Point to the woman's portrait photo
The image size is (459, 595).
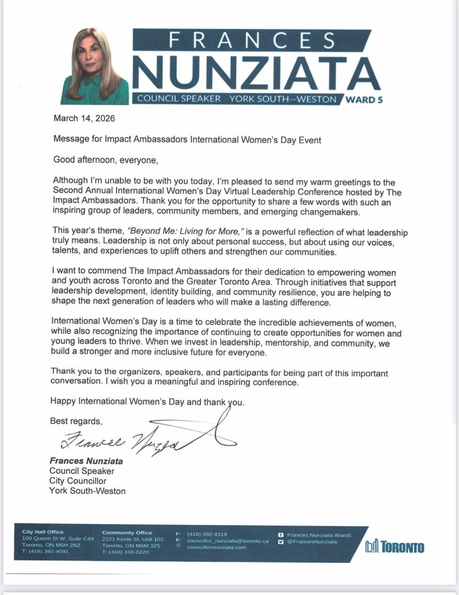[95, 67]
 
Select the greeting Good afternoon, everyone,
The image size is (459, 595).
[105, 160]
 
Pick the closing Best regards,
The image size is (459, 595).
[76, 421]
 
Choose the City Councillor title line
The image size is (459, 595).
[78, 481]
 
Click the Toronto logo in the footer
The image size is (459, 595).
[395, 547]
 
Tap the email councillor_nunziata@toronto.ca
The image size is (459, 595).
[228, 541]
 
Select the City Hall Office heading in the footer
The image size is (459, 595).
[43, 532]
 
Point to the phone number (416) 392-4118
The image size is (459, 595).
[207, 534]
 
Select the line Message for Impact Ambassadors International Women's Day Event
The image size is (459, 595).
[187, 140]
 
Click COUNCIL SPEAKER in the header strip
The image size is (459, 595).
[179, 99]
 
